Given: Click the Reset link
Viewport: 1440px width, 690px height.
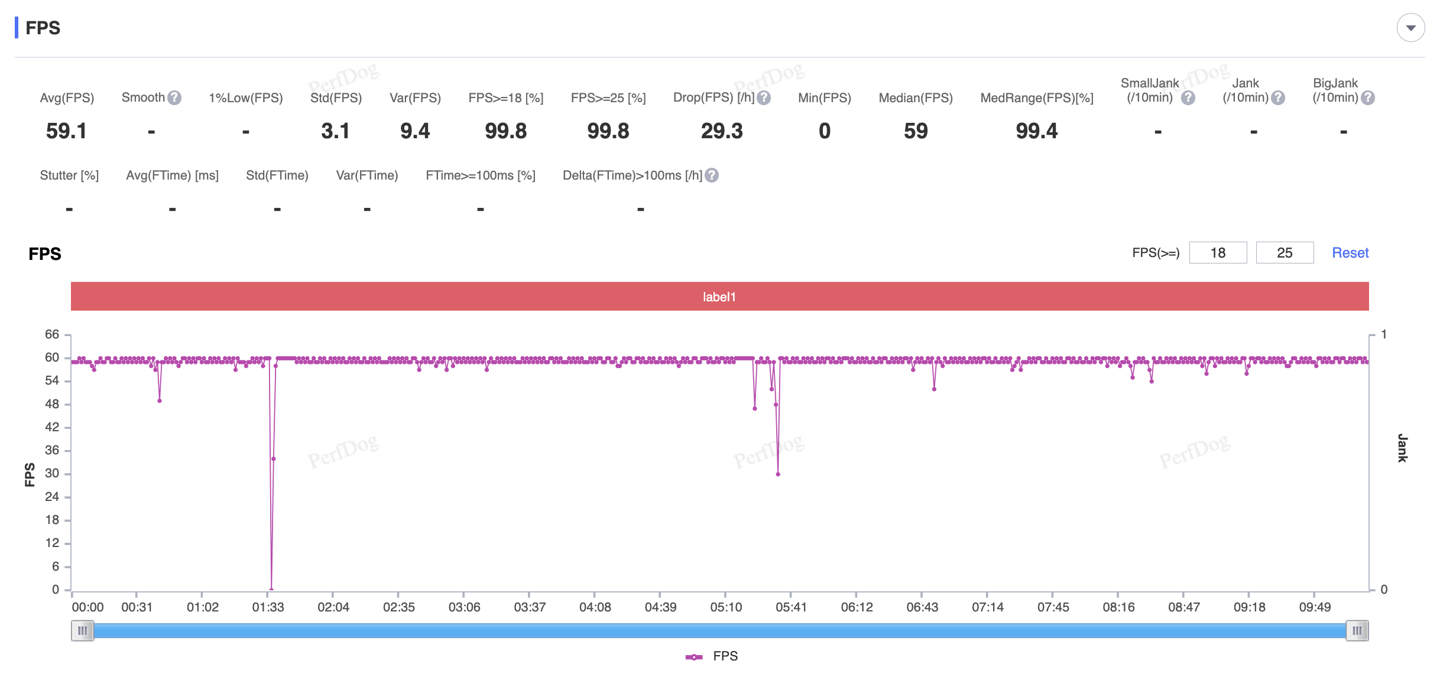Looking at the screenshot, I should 1350,253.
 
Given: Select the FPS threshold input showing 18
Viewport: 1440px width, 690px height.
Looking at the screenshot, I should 1218,253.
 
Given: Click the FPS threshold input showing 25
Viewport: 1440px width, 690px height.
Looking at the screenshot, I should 1284,253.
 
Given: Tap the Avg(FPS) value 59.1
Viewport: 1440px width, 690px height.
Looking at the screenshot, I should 66,131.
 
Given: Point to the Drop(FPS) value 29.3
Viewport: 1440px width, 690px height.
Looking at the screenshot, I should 721,131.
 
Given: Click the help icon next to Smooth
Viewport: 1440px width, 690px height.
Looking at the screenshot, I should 174,97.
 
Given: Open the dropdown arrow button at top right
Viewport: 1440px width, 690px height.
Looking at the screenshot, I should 1410,28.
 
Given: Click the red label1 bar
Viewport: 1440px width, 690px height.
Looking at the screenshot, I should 719,297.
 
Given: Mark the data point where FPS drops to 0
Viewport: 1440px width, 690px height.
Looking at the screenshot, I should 271,589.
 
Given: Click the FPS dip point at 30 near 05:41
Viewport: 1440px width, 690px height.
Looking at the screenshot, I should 778,474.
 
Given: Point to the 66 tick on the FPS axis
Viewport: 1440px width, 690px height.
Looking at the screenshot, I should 52,334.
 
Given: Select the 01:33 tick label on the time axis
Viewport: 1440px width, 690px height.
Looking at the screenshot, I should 268,607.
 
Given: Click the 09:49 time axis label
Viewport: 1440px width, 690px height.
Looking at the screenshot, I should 1315,607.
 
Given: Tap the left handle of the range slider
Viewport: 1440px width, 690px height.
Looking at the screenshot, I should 82,631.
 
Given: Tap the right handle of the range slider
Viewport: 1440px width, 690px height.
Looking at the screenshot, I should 1357,631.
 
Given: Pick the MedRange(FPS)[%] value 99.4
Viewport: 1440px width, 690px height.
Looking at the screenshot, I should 1036,131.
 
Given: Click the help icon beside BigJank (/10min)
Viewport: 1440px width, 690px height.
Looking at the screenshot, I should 1368,98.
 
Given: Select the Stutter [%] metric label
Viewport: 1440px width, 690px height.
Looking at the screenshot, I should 69,175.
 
